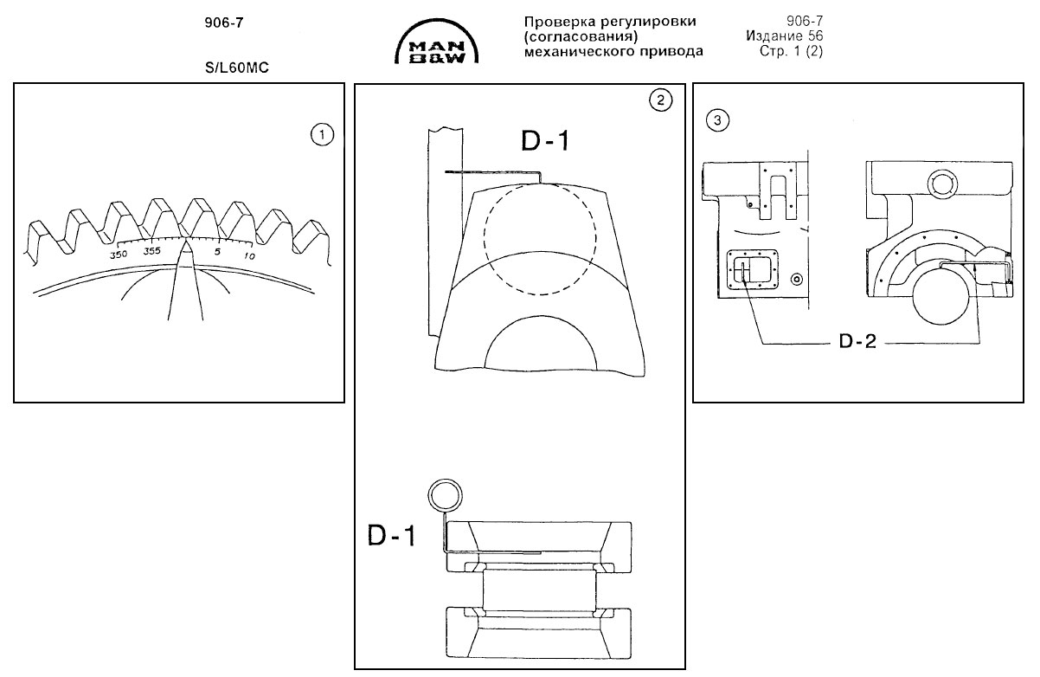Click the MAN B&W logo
coord(437,42)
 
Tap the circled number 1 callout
coord(322,135)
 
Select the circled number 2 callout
coord(661,100)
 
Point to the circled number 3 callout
coord(717,120)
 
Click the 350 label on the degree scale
coord(119,255)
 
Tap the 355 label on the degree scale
coord(151,251)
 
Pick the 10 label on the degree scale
coord(249,256)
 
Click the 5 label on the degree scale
coord(217,252)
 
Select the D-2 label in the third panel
coord(857,341)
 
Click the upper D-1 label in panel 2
coord(544,141)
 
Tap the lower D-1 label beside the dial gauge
coord(391,535)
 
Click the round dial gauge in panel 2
coord(445,496)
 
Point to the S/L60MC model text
coord(237,68)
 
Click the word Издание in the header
coord(774,35)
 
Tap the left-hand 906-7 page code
coord(224,23)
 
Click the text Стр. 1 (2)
coord(791,51)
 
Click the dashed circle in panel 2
coord(540,238)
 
